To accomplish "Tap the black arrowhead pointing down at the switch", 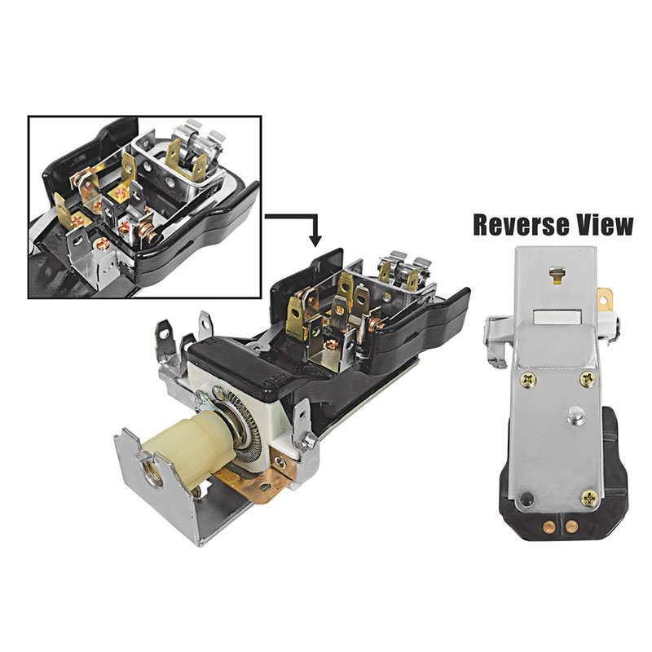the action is pos(315,240).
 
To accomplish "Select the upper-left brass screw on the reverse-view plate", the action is pos(528,379).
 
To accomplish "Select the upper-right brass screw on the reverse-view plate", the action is pos(588,378).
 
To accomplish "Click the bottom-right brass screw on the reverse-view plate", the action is pos(589,497).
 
